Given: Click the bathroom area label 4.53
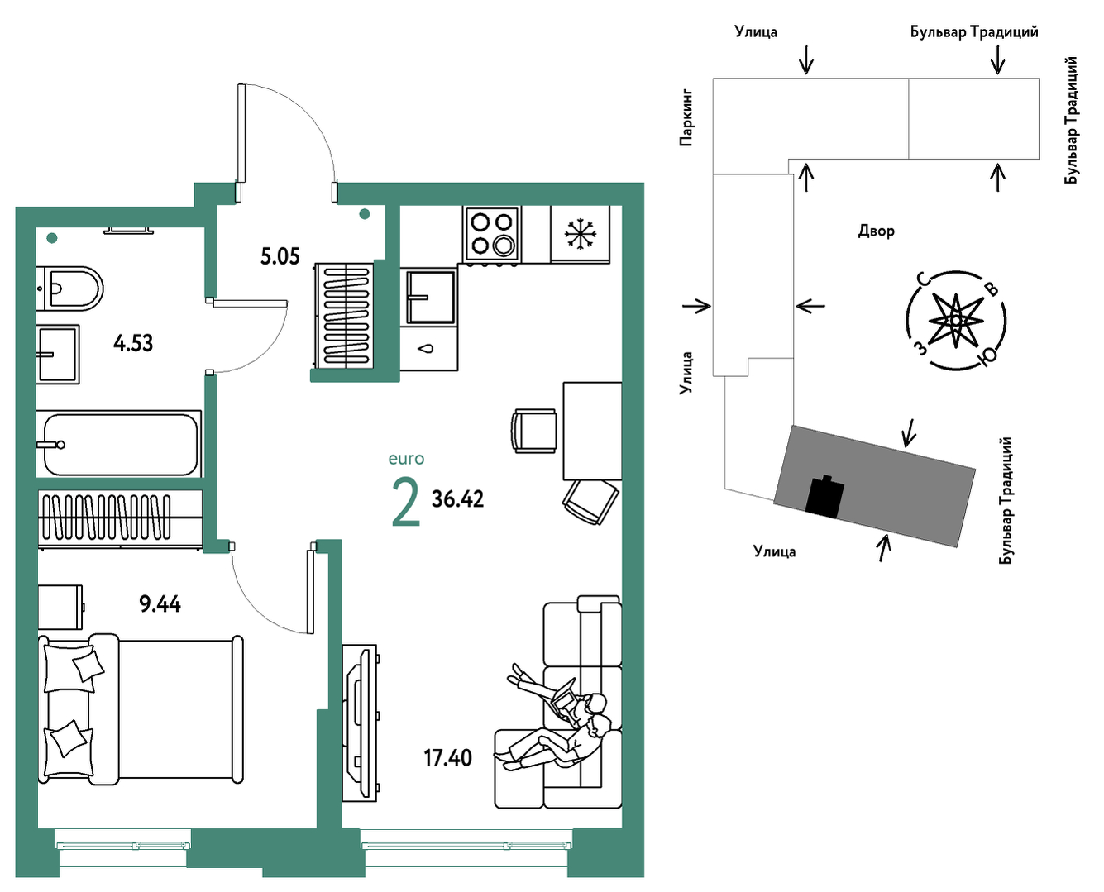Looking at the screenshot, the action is (133, 343).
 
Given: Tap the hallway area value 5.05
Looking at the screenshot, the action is (280, 257).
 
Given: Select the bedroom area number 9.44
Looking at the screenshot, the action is (160, 604).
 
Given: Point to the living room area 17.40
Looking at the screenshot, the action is (448, 758).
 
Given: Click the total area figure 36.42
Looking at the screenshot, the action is (457, 498).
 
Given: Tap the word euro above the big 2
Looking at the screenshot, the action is (406, 459).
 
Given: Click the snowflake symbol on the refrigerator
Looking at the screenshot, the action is (581, 233).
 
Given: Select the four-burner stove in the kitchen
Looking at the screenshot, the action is (492, 234).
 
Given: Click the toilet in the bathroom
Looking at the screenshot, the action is (70, 289).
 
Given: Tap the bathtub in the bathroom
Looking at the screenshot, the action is (119, 445).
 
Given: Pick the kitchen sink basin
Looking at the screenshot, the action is (429, 296).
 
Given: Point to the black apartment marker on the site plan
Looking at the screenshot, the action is (824, 498).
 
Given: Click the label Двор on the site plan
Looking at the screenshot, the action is (876, 231).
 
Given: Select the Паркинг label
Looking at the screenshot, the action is (686, 118).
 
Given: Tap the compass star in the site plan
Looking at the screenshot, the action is (956, 321).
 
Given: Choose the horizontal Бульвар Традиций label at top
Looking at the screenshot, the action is (974, 32).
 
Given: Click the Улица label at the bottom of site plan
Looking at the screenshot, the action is (774, 551).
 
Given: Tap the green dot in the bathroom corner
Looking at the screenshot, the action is (52, 238).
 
